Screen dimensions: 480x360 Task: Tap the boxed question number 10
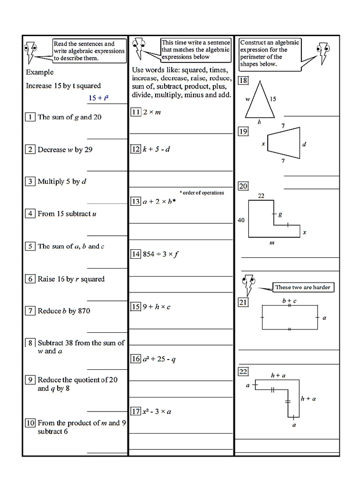(30, 423)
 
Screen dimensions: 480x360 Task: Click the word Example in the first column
(40, 72)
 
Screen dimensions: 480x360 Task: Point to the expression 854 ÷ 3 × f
(161, 254)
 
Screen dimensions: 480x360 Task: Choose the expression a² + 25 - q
(159, 359)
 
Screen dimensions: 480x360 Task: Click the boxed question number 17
(135, 412)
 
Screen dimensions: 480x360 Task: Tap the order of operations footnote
(202, 193)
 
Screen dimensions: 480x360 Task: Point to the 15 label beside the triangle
(273, 99)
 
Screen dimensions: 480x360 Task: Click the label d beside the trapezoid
(304, 144)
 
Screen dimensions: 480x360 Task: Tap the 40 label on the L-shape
(241, 220)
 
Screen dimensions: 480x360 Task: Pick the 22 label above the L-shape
(261, 195)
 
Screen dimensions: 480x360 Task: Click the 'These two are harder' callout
(302, 287)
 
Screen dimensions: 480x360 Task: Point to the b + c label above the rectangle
(289, 300)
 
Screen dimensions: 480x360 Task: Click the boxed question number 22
(243, 372)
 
